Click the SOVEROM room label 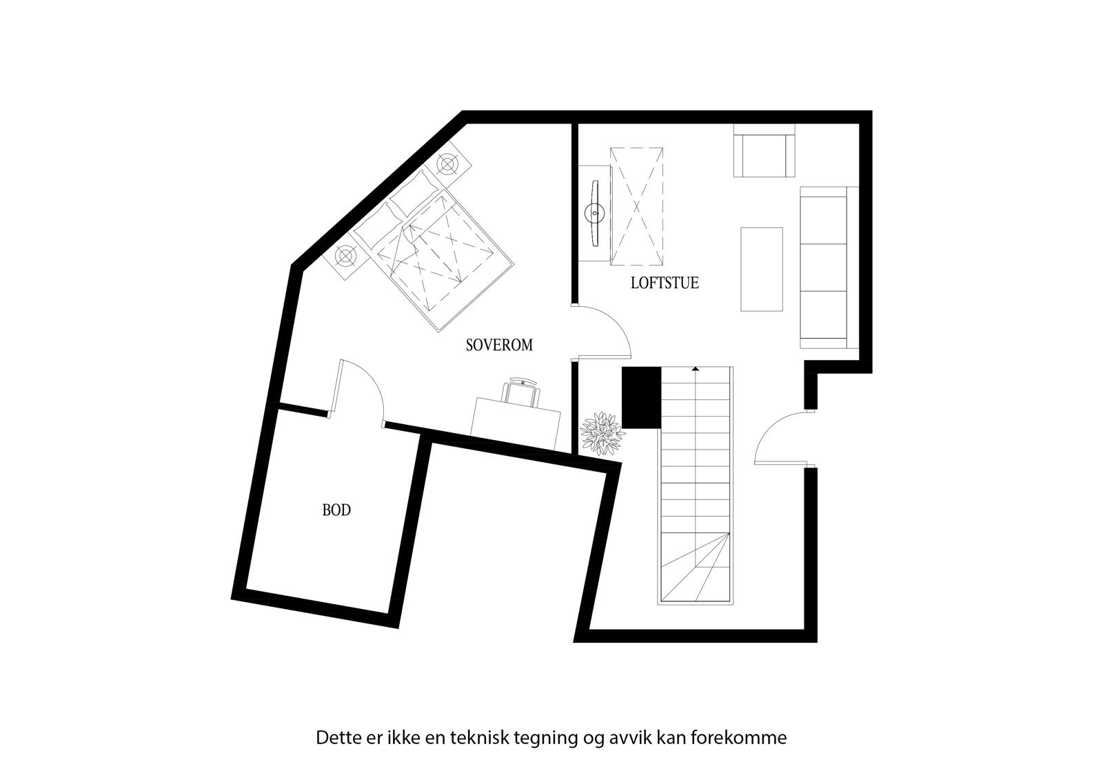pos(499,346)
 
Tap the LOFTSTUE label pos(665,283)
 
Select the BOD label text pos(336,510)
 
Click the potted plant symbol pos(602,434)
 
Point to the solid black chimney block pos(641,397)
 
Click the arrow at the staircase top pos(696,370)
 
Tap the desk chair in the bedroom pos(522,392)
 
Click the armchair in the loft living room pos(764,153)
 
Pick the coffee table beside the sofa pos(762,270)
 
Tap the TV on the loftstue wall pos(594,213)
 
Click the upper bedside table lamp pos(449,164)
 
